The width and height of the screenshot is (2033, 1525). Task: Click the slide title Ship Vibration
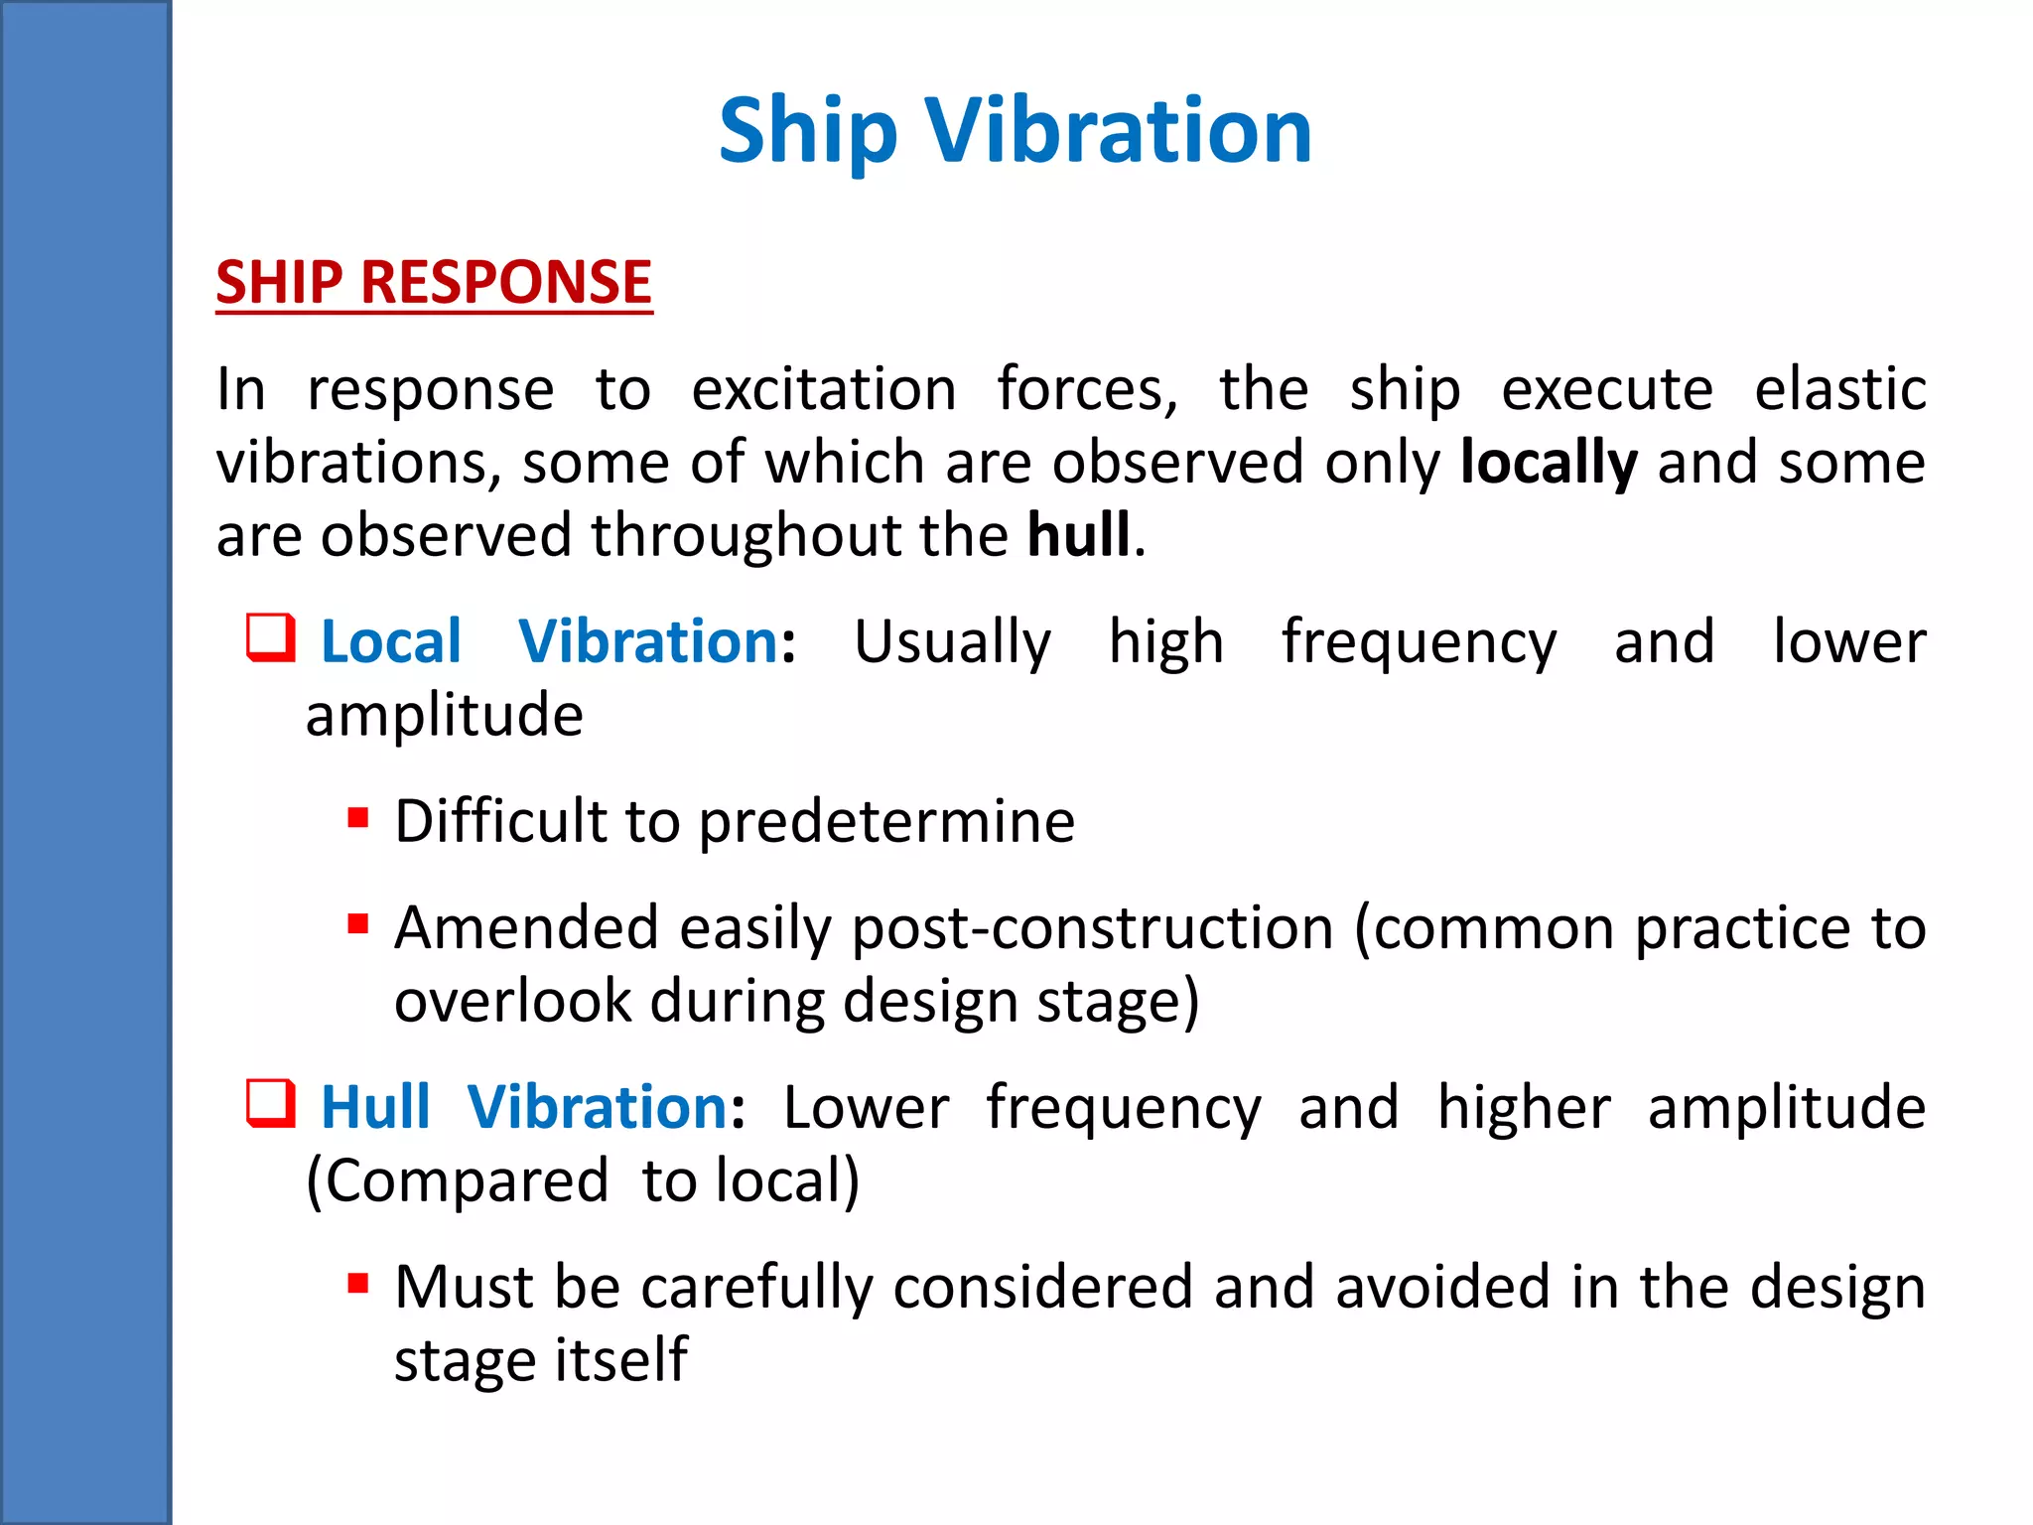(x=1015, y=131)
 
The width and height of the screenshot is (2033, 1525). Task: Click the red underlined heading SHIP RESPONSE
(x=434, y=283)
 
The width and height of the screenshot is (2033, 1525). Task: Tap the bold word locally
(x=1548, y=464)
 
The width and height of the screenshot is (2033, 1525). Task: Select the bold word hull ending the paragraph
(x=1078, y=536)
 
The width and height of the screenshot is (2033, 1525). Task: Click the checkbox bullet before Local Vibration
(x=270, y=638)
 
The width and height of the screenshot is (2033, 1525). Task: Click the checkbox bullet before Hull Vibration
(x=270, y=1104)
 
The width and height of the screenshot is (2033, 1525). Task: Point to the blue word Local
(x=391, y=641)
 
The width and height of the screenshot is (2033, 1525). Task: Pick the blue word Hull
(x=376, y=1107)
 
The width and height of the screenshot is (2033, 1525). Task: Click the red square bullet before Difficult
(x=358, y=819)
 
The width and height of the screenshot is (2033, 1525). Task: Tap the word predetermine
(x=886, y=823)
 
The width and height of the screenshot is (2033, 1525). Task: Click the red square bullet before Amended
(x=358, y=925)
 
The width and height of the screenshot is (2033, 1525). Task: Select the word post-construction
(x=1092, y=929)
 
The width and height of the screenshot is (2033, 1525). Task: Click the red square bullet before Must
(x=358, y=1285)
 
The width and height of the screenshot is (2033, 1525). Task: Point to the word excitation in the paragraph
(x=824, y=389)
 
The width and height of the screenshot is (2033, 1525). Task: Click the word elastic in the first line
(x=1839, y=389)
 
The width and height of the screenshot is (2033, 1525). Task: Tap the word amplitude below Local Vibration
(x=444, y=716)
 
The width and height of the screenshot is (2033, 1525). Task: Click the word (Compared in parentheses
(x=457, y=1181)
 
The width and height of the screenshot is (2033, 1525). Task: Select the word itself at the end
(x=620, y=1360)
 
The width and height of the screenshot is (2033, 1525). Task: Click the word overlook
(x=512, y=1002)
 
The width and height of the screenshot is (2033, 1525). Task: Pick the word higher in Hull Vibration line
(x=1524, y=1108)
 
